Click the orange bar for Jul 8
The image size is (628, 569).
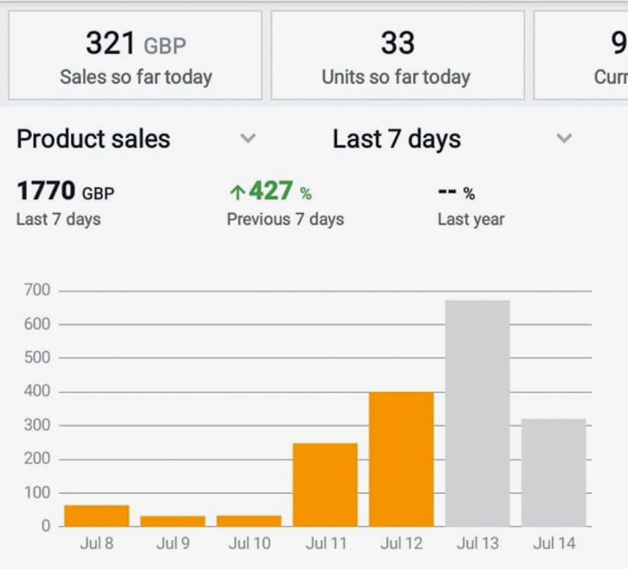pyautogui.click(x=97, y=516)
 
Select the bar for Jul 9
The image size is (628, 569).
pyautogui.click(x=173, y=521)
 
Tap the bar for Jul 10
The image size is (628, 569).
pyautogui.click(x=249, y=521)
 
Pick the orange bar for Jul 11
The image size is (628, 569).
pyautogui.click(x=325, y=485)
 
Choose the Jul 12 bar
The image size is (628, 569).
pyautogui.click(x=401, y=459)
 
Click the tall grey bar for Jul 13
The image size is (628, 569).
pyautogui.click(x=477, y=413)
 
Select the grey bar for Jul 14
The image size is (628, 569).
pyautogui.click(x=554, y=472)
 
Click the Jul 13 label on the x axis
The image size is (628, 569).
pyautogui.click(x=477, y=543)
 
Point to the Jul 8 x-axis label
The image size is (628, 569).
pyautogui.click(x=97, y=543)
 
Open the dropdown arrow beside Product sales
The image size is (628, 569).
pyautogui.click(x=248, y=138)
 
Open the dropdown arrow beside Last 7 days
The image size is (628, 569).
pyautogui.click(x=565, y=138)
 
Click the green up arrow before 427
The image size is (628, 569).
pyautogui.click(x=237, y=192)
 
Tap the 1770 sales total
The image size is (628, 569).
pyautogui.click(x=46, y=192)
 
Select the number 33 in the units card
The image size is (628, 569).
pyautogui.click(x=398, y=44)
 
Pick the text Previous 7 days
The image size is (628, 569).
pyautogui.click(x=285, y=219)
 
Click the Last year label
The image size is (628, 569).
pyautogui.click(x=471, y=219)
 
